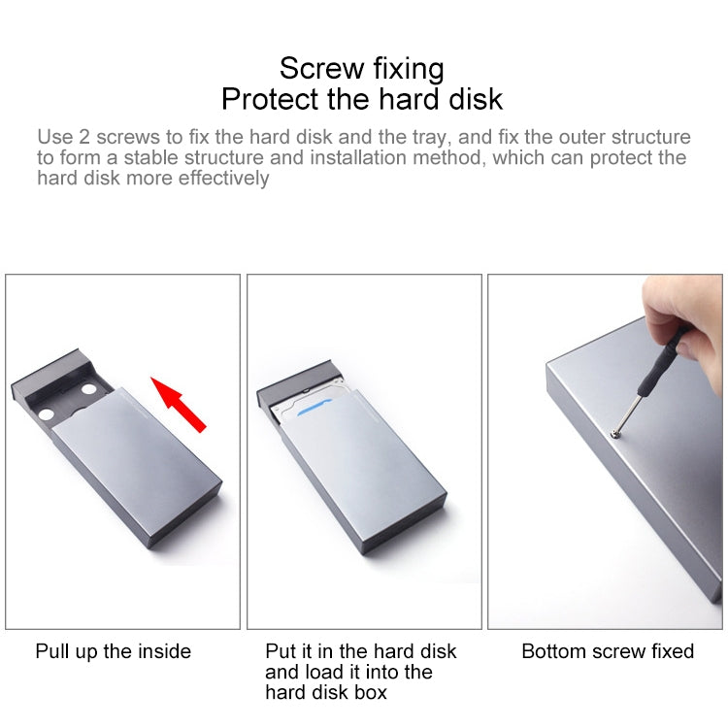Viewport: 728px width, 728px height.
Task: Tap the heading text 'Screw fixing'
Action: click(361, 68)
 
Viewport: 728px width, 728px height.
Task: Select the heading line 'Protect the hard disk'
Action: click(361, 99)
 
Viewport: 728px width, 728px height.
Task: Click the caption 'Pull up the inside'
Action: click(114, 651)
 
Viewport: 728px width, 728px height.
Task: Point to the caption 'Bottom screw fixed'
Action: click(608, 651)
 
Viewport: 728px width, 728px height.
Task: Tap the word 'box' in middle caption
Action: click(370, 692)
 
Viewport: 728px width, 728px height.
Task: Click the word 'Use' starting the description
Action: click(53, 137)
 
